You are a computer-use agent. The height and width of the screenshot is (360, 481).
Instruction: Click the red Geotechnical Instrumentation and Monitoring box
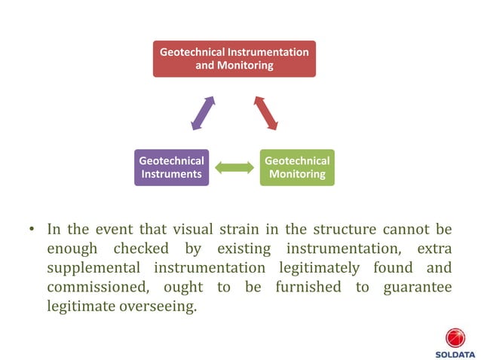234,59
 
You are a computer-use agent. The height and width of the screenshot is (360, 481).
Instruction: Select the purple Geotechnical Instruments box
170,167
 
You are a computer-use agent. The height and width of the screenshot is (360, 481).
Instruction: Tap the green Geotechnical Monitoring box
297,167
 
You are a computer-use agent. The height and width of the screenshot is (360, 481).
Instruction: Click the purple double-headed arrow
203,113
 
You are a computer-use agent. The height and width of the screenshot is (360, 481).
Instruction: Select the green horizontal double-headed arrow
234,167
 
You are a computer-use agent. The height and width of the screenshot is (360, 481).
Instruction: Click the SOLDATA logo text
455,353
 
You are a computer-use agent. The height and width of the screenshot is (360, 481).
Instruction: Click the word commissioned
102,288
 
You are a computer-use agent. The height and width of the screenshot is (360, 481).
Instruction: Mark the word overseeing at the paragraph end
155,307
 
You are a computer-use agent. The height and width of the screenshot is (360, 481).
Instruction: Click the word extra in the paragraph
435,249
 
